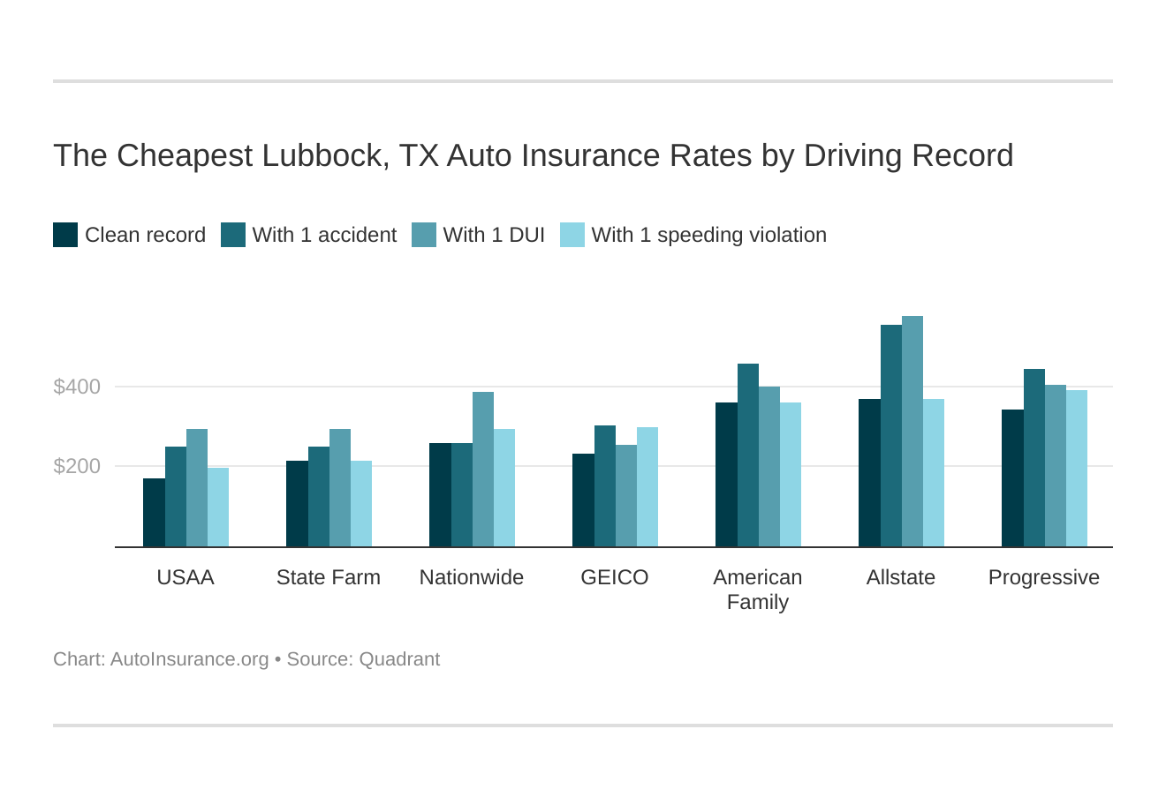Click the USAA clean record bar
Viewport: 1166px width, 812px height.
click(154, 513)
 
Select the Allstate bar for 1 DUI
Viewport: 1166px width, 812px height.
click(912, 432)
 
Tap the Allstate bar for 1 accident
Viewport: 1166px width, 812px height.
click(890, 436)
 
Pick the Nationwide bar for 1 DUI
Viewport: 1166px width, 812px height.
click(482, 470)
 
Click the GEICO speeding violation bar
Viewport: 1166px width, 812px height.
click(647, 487)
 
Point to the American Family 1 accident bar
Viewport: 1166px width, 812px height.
click(747, 455)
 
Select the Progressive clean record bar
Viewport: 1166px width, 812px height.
click(1012, 478)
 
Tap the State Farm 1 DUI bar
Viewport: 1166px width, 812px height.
click(339, 488)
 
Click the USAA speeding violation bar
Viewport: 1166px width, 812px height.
click(218, 507)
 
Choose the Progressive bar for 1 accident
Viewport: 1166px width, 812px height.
click(1033, 458)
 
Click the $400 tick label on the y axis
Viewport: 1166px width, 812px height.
click(77, 387)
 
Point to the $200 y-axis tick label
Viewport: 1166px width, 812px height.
click(77, 466)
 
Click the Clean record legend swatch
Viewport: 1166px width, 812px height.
click(65, 235)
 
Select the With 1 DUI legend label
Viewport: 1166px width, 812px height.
click(494, 235)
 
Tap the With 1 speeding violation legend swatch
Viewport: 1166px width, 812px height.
click(572, 235)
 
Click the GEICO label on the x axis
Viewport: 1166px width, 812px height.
click(614, 577)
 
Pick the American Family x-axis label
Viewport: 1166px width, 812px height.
click(757, 590)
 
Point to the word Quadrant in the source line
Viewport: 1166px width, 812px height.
click(399, 659)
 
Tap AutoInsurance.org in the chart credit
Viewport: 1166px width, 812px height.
click(189, 659)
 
